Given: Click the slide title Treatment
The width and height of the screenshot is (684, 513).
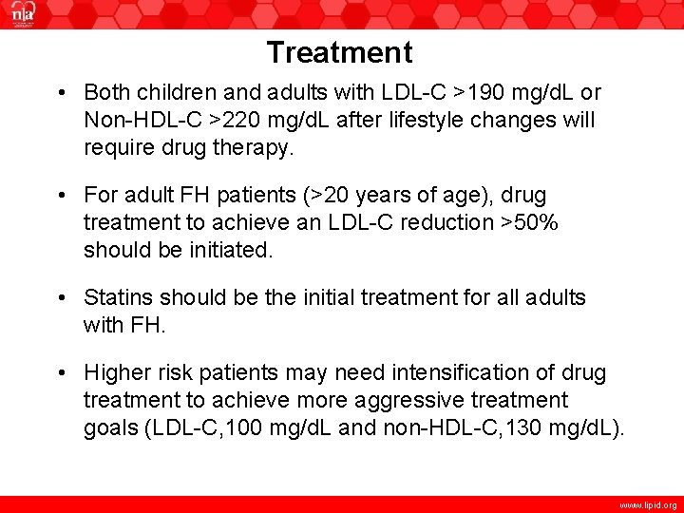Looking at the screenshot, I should tap(339, 52).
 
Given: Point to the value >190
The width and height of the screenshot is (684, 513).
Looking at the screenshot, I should tap(481, 93).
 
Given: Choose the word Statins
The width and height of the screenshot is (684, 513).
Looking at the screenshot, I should tap(117, 298).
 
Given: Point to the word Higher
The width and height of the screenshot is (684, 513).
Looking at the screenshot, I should tap(115, 373).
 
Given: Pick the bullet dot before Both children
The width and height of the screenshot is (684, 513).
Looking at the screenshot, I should tap(61, 94).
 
